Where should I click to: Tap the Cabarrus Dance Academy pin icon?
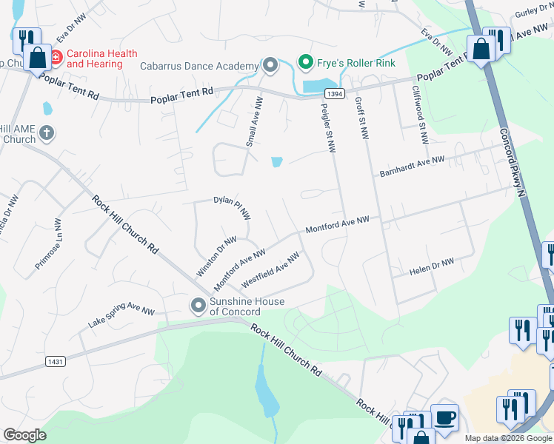(x=270, y=66)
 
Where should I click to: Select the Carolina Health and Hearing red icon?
(x=56, y=56)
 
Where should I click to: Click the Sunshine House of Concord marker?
(x=198, y=304)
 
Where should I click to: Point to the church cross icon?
(x=46, y=134)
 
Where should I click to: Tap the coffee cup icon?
(x=444, y=418)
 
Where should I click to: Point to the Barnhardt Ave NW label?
(x=412, y=166)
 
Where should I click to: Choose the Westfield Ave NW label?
(x=270, y=271)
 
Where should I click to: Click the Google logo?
(x=24, y=436)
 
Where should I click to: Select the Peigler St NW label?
(x=327, y=125)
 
